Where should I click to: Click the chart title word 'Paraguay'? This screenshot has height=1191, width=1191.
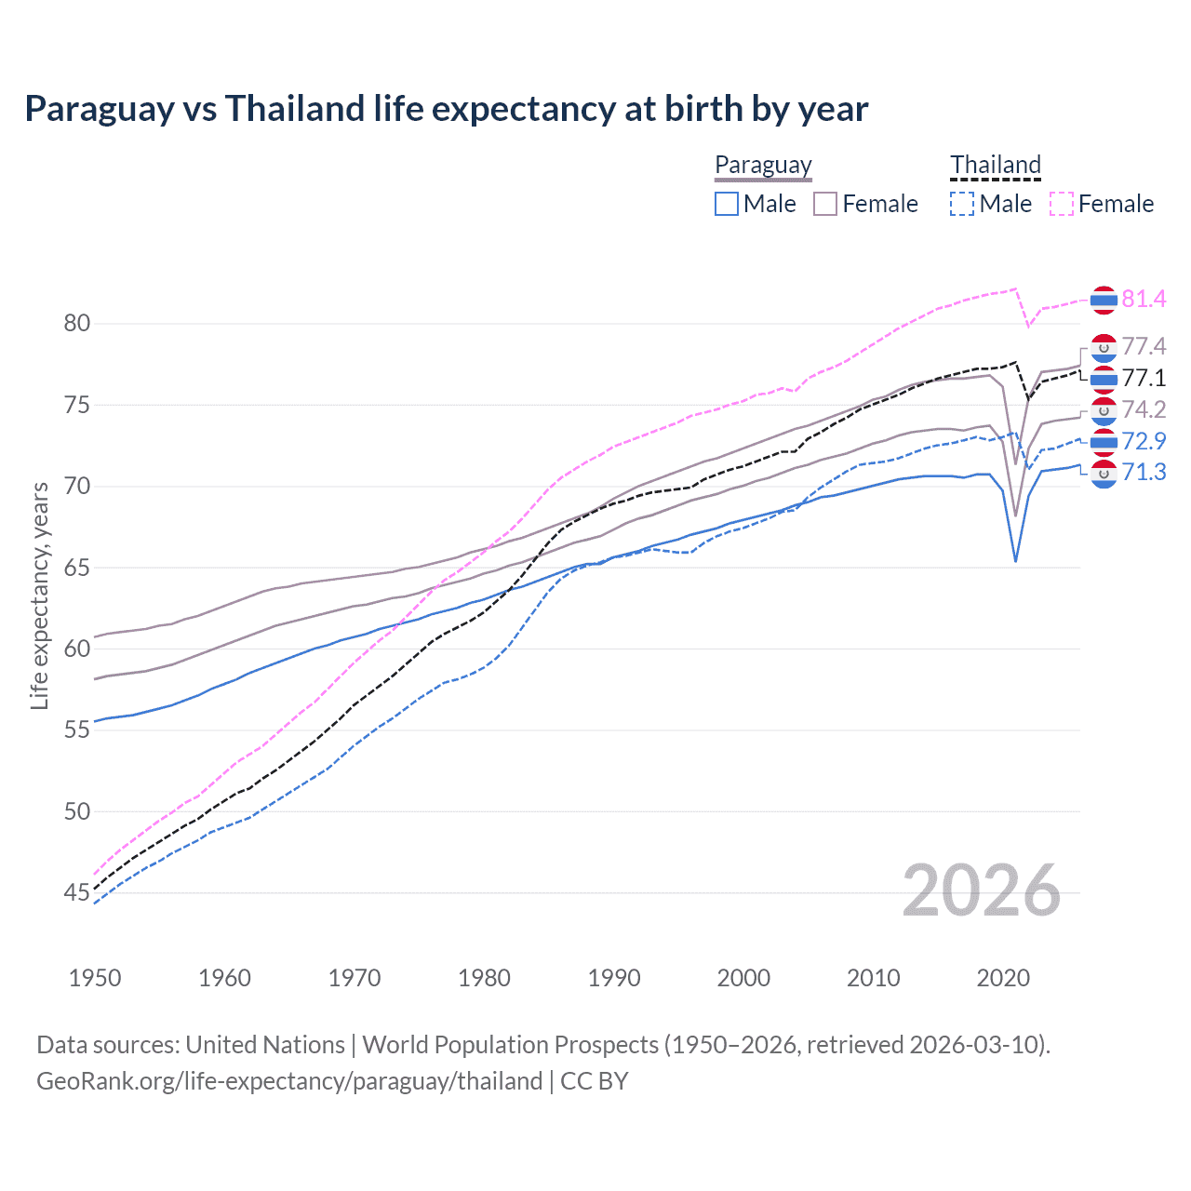(99, 109)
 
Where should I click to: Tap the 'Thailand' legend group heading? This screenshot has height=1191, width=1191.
(995, 165)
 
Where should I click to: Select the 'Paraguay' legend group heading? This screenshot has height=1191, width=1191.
(763, 165)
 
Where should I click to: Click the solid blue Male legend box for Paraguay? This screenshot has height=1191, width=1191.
(727, 204)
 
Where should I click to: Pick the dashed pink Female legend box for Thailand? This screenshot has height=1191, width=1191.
(1062, 204)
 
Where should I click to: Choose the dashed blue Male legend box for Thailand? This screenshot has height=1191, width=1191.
(962, 204)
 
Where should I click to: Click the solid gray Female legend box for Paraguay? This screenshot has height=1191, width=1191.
(825, 204)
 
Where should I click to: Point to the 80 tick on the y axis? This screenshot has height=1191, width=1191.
(77, 324)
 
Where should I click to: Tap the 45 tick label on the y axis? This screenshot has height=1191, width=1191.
(77, 893)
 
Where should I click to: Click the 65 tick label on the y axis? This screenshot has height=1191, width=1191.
(77, 568)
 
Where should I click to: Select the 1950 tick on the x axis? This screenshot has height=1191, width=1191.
(95, 978)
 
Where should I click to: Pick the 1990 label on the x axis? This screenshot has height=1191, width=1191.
(614, 978)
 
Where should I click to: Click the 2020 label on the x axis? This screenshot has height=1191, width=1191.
(1003, 978)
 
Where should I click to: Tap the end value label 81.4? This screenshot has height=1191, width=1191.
(1144, 299)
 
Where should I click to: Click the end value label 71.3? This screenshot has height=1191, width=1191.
(1144, 473)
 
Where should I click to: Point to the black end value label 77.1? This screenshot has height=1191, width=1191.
(1144, 378)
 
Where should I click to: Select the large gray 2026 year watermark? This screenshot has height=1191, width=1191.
(982, 891)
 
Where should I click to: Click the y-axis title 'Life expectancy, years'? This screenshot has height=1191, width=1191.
(39, 595)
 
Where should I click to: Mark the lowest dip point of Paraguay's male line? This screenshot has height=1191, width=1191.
(1015, 561)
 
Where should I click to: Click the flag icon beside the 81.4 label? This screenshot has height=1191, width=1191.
(1104, 300)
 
